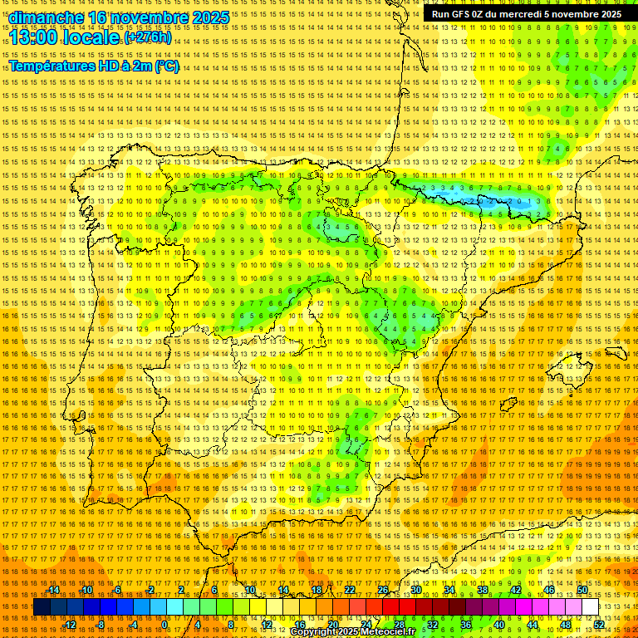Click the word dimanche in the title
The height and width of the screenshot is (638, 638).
[47, 17]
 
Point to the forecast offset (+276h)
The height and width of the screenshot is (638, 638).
[148, 38]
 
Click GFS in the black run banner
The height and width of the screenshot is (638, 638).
[463, 14]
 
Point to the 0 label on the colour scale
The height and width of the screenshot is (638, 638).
[164, 625]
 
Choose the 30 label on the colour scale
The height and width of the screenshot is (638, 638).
[416, 590]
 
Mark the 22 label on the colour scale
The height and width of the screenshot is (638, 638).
[350, 590]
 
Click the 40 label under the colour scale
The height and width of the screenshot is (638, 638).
[498, 625]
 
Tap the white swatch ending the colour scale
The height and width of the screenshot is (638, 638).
[590, 607]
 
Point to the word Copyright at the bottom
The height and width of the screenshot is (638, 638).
[312, 632]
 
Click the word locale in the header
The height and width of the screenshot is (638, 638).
[91, 38]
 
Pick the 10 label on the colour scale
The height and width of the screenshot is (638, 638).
[250, 590]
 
